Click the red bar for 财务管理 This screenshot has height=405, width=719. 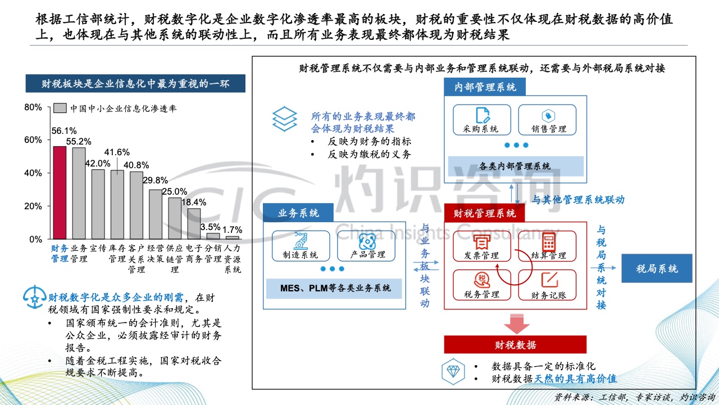(x=60, y=192)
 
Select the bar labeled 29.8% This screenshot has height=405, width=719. (x=156, y=214)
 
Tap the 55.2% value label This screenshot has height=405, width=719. (x=79, y=141)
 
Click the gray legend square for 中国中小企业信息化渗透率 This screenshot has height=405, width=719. (x=60, y=108)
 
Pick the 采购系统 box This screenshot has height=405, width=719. (x=482, y=120)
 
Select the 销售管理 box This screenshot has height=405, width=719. (x=547, y=120)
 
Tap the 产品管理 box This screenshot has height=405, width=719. (x=366, y=246)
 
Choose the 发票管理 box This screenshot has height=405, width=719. (x=482, y=246)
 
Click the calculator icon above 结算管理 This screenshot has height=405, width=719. (x=549, y=242)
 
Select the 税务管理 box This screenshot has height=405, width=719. (x=482, y=285)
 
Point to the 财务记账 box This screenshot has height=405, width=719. (x=547, y=285)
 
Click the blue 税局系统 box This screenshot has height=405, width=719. (x=657, y=268)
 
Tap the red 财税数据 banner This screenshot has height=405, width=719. (x=515, y=345)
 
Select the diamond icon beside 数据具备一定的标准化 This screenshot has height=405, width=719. (x=453, y=372)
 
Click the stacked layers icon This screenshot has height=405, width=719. (x=285, y=119)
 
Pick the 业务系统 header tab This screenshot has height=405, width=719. (x=298, y=213)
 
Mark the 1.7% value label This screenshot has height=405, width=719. (x=232, y=230)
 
